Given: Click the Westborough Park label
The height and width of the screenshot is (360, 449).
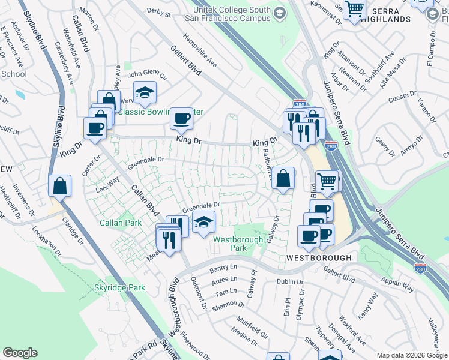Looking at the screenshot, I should click(238, 243).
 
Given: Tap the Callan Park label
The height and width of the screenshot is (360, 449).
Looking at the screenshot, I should click(121, 223).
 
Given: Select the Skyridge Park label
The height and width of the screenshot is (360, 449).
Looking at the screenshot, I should click(120, 288).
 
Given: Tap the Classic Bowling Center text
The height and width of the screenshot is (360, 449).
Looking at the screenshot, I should click(160, 112).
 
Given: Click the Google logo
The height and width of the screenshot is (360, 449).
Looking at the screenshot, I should click(20, 352).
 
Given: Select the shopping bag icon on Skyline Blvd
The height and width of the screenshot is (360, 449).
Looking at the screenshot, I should click(60, 186).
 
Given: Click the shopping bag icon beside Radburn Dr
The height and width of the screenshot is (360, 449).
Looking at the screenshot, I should click(283, 178).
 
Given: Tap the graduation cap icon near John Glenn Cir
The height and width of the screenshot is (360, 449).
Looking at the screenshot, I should click(144, 92).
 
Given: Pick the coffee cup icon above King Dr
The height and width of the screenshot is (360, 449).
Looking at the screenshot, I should click(181, 118).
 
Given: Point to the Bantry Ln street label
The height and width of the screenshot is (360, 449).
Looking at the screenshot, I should click(224, 268).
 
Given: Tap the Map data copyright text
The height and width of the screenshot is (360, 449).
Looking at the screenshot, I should click(411, 355).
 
